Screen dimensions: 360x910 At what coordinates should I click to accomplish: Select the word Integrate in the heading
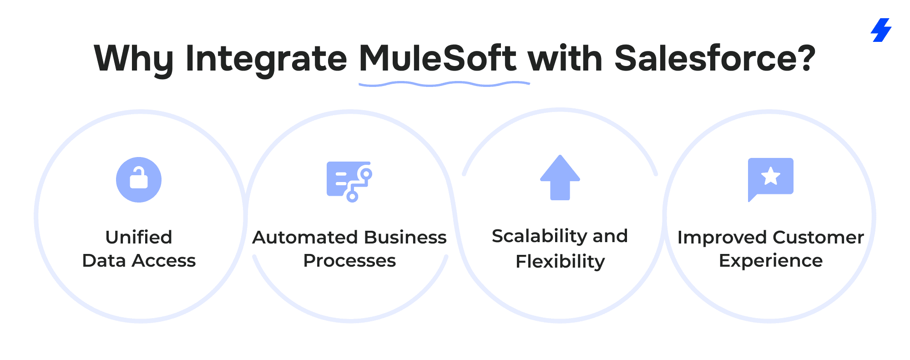click(266, 59)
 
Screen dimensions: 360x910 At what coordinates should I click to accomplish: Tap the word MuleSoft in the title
click(437, 58)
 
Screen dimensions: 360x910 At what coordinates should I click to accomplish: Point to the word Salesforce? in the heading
click(715, 58)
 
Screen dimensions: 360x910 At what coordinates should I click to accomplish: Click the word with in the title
click(565, 58)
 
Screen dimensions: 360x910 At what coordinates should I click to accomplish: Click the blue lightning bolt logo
click(881, 30)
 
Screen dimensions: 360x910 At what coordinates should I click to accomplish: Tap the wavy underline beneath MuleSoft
click(444, 84)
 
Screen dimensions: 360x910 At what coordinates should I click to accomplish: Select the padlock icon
click(139, 179)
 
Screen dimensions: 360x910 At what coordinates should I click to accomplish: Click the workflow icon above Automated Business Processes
click(349, 181)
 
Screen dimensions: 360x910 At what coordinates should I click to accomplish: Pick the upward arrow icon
click(560, 178)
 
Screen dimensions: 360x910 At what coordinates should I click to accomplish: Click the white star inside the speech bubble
click(771, 176)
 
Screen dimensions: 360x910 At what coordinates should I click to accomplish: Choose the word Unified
click(139, 237)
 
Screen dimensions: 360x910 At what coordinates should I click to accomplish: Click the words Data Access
click(139, 261)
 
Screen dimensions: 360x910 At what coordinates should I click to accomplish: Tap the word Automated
click(305, 238)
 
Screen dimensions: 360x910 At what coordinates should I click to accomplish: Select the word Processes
click(349, 261)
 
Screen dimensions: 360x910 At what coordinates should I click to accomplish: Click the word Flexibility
click(560, 262)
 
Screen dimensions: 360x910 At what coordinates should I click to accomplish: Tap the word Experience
click(771, 261)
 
